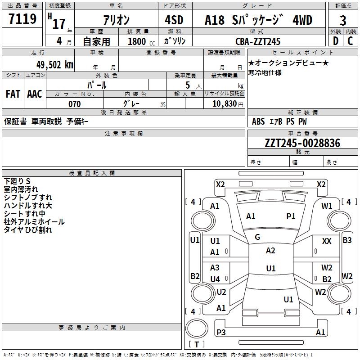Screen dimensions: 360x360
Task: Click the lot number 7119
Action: [x=22, y=20]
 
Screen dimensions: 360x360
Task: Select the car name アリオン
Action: [x=116, y=20]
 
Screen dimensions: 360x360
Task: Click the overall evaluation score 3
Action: [x=343, y=21]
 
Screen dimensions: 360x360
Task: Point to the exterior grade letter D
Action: [x=335, y=41]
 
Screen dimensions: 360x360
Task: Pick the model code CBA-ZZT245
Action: [x=258, y=41]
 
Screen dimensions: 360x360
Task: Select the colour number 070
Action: [x=74, y=104]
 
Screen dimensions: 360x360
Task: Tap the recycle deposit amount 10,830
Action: [x=224, y=104]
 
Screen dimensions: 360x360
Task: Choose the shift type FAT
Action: [x=13, y=94]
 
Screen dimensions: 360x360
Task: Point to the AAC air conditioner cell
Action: [x=35, y=94]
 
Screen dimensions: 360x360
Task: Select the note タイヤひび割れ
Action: [x=28, y=230]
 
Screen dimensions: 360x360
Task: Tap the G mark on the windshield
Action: [x=257, y=237]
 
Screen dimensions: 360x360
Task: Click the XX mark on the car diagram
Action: [x=327, y=242]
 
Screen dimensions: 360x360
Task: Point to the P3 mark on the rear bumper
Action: [x=221, y=333]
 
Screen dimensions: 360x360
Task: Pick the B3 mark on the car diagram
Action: [x=347, y=240]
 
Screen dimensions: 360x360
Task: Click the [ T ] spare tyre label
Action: [x=196, y=345]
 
